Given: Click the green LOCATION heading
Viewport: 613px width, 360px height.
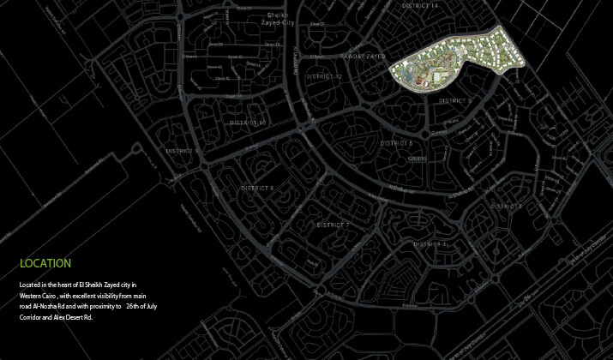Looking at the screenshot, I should tap(45, 263).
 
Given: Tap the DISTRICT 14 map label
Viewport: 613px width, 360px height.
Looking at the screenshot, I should tap(419, 6).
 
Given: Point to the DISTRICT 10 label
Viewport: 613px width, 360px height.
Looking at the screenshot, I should tap(249, 123).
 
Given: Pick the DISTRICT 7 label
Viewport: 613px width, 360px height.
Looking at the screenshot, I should tap(333, 225).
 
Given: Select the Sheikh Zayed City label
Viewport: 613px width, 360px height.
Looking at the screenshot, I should tap(278, 21).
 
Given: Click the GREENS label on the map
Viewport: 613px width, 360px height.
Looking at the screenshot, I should tap(418, 158).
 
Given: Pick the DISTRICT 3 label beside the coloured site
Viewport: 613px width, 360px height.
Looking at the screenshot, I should tap(455, 100).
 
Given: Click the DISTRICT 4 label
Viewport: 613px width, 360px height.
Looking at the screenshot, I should tap(431, 244).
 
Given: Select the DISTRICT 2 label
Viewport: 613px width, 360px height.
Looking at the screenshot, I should tap(506, 207).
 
